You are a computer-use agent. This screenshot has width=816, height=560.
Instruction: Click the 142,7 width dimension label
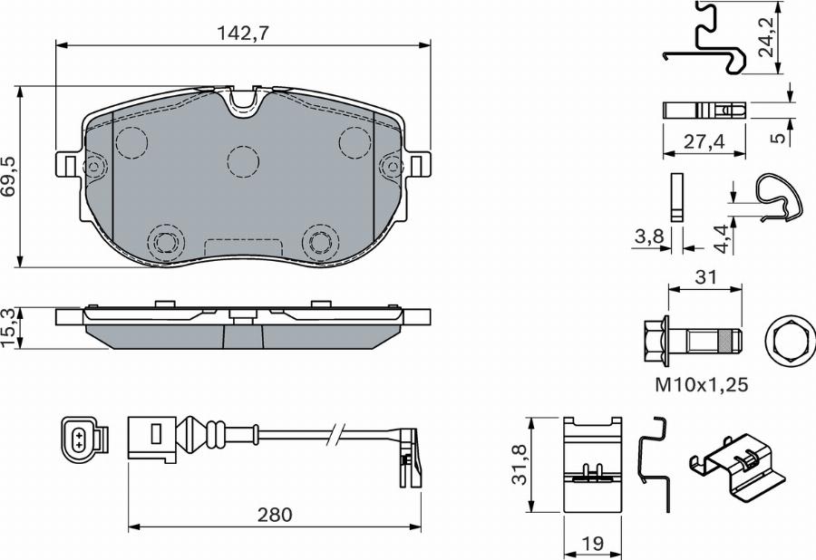click(x=242, y=34)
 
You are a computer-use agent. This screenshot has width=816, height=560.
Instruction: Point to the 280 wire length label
click(x=274, y=515)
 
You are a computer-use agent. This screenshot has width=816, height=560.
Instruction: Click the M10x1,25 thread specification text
click(x=701, y=385)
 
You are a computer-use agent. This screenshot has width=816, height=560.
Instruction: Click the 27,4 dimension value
click(x=704, y=141)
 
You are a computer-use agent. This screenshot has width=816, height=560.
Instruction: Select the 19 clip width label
click(x=593, y=545)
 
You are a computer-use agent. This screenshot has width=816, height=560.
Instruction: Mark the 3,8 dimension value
click(x=647, y=238)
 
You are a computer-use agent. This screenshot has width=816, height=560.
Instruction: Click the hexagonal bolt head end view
click(x=787, y=343)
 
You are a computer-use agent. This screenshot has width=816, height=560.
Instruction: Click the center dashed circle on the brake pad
click(x=243, y=162)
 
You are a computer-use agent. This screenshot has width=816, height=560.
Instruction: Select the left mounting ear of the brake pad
click(x=69, y=165)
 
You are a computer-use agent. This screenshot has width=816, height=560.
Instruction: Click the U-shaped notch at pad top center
click(x=243, y=102)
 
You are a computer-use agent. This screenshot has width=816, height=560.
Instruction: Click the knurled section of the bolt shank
click(x=724, y=343)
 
